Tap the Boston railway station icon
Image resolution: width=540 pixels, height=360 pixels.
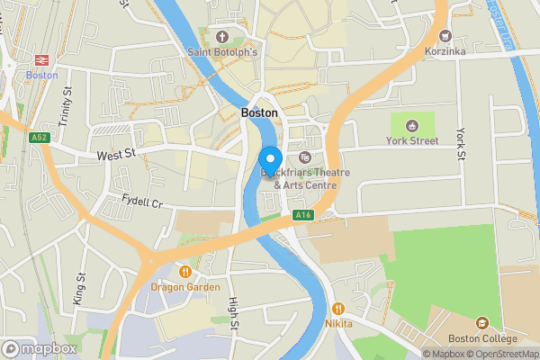(40, 59)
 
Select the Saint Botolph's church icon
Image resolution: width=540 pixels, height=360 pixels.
(222, 37)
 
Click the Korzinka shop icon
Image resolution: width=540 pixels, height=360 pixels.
(445, 36)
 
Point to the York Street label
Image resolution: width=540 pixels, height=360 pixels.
(412, 141)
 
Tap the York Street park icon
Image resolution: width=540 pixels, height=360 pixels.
(412, 125)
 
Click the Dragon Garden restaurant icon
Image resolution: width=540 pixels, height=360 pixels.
(185, 271)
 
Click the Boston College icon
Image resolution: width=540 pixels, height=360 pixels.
(482, 323)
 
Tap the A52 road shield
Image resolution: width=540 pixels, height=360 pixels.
(37, 138)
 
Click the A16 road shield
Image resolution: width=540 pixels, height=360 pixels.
(302, 215)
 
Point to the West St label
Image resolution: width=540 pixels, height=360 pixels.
(115, 156)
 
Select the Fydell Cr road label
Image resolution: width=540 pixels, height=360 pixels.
(142, 201)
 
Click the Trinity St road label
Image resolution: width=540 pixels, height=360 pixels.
(66, 87)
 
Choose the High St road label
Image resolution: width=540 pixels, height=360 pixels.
(233, 313)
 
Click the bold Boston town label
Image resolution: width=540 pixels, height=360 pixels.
(259, 113)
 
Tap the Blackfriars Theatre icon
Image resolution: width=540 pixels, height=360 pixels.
(303, 157)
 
